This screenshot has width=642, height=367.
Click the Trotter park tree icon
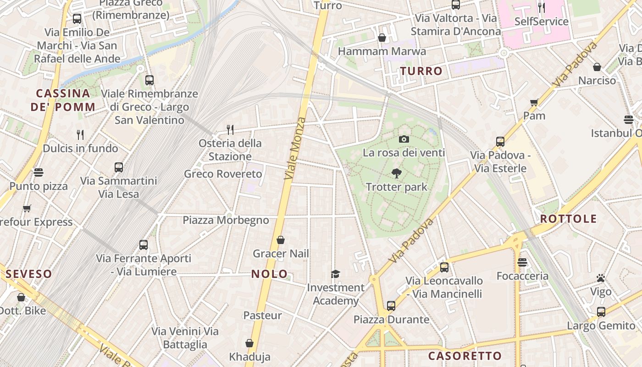click(x=397, y=173)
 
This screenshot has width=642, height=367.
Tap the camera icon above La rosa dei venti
click(x=404, y=139)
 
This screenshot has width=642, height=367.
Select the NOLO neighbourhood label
click(x=269, y=274)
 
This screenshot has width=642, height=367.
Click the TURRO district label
click(x=421, y=71)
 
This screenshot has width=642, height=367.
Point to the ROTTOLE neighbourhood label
click(x=568, y=219)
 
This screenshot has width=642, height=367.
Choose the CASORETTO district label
click(x=465, y=356)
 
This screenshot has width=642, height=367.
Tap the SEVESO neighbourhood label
click(x=29, y=274)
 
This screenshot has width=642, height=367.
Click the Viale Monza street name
click(x=295, y=148)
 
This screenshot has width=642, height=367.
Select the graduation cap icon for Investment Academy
click(x=336, y=274)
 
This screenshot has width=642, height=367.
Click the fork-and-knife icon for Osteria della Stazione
click(x=230, y=130)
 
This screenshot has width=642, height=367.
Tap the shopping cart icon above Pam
click(x=534, y=102)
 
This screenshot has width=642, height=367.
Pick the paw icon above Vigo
click(x=601, y=278)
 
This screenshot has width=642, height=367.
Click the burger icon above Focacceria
click(x=522, y=262)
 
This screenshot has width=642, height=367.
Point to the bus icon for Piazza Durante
click(x=391, y=306)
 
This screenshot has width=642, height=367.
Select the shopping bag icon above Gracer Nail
click(x=281, y=240)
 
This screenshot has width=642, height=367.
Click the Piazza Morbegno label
click(x=226, y=220)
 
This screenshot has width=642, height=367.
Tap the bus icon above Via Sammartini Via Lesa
click(x=119, y=167)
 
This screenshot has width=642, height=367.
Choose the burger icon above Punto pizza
click(x=39, y=172)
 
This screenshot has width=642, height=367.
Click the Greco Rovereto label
click(x=223, y=174)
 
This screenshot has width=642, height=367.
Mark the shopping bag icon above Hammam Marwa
click(x=382, y=38)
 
